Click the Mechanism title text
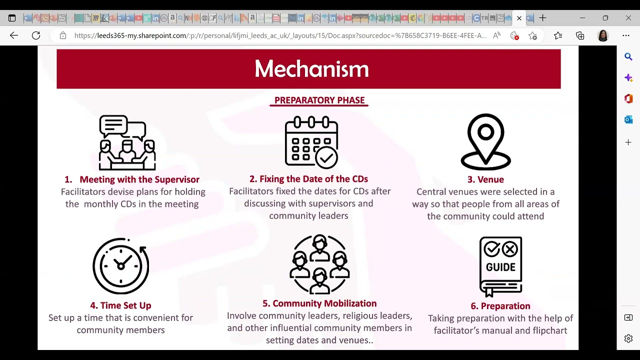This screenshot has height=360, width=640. click(x=311, y=68)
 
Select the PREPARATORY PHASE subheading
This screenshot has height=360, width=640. click(x=319, y=100)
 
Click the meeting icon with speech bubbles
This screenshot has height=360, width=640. click(x=127, y=142)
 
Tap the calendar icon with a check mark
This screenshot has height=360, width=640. click(x=311, y=142)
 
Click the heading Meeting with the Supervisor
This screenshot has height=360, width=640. click(x=139, y=179)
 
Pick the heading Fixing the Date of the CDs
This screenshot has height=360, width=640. click(x=308, y=179)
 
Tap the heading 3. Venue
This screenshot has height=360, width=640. click(x=485, y=179)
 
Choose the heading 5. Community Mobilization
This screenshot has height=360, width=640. click(x=319, y=303)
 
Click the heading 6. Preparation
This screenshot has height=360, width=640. click(x=500, y=306)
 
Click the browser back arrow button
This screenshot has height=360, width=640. click(x=13, y=35)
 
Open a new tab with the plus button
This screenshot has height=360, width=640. click(x=542, y=18)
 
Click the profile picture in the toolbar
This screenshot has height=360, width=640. click(x=603, y=35)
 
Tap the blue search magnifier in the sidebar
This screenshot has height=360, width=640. click(x=628, y=56)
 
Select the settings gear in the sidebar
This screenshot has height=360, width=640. click(x=628, y=338)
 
